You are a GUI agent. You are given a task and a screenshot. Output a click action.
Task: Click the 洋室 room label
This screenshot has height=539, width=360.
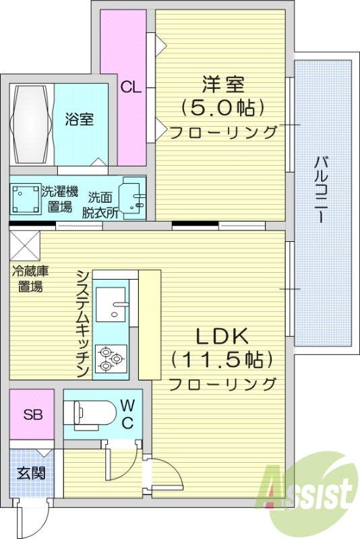[222, 85]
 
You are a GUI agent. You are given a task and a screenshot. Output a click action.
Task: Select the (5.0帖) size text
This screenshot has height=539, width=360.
[222, 107]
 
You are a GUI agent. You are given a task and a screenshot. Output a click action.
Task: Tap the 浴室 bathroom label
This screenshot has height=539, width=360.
[80, 120]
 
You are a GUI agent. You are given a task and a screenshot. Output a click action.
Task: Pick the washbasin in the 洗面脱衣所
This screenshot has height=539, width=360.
[132, 197]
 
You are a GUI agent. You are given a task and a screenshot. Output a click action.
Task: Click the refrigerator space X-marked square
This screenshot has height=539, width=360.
[25, 243]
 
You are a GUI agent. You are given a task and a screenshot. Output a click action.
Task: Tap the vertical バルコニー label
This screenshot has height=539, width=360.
[322, 191]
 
